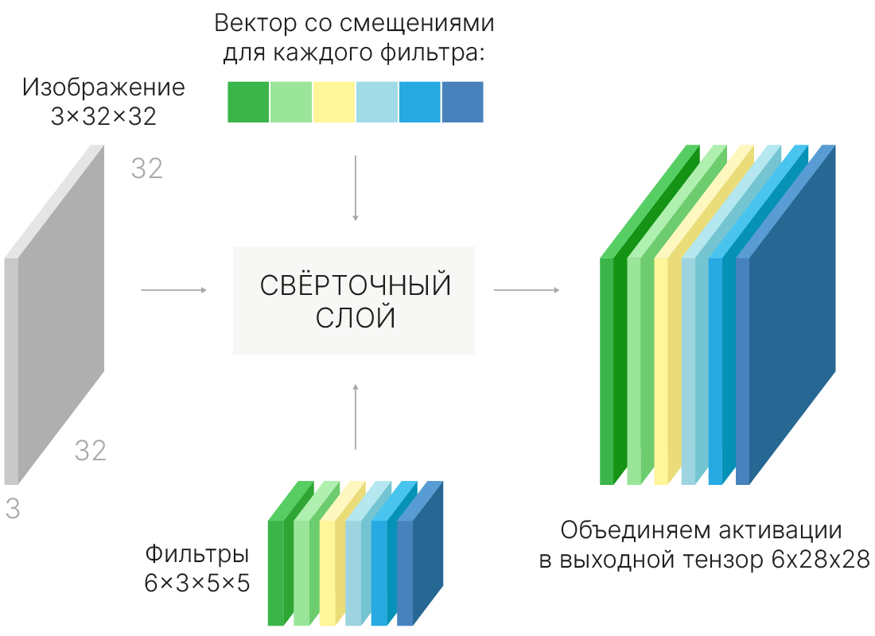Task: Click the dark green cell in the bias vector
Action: coord(248,102)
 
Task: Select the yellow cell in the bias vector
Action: coord(334,102)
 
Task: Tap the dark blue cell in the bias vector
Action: coord(462,102)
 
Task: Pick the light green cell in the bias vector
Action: coord(291,102)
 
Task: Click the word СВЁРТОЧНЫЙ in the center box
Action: coord(355,286)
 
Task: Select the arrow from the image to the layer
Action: coord(173,290)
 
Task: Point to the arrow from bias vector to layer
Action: coord(356,188)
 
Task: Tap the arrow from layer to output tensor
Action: coord(526,290)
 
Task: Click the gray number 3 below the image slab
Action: coord(12,510)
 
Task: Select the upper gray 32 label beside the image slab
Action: coord(147,169)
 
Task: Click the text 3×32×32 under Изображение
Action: coord(103,117)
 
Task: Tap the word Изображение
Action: coord(103,87)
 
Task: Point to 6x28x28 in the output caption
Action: coord(820,560)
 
